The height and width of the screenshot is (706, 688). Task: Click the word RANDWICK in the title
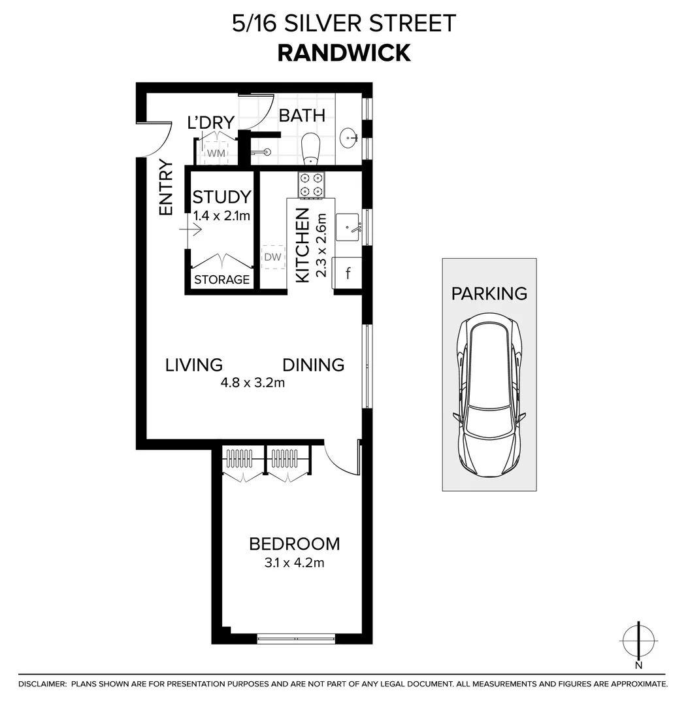344,53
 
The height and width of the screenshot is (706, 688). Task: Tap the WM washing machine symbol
216,153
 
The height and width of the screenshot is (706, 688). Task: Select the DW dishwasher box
272,257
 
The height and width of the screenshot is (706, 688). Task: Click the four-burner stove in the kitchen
312,184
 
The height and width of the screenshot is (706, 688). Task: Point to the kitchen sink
348,227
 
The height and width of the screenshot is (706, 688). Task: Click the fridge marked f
348,273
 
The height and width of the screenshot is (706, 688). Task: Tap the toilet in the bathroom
310,148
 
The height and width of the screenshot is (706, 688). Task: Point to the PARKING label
489,294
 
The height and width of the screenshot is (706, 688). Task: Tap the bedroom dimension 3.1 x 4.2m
287,562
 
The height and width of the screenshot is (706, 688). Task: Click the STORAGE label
221,280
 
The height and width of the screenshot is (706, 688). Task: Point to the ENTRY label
166,188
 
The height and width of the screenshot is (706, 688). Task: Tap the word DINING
313,365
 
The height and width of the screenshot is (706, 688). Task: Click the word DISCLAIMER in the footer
42,684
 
